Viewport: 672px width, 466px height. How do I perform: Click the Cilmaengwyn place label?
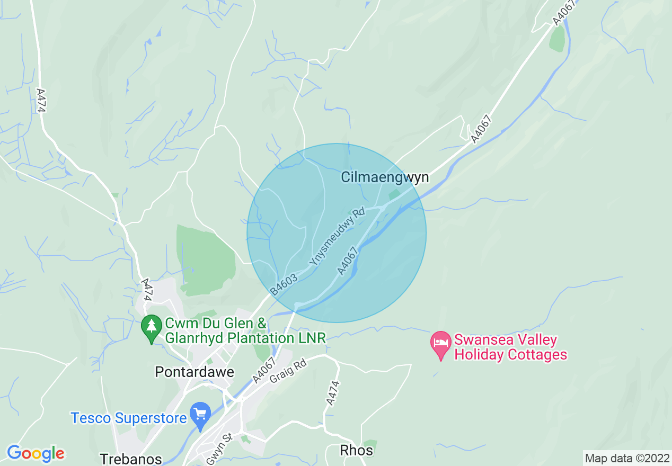pos(385,177)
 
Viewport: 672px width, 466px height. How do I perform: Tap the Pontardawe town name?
pos(194,372)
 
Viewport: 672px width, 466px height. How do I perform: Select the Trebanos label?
pos(130,459)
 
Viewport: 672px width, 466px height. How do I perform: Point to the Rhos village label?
pos(356,451)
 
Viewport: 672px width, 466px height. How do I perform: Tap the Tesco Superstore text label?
pos(129,418)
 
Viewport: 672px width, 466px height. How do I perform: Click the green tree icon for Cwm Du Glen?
pos(152,328)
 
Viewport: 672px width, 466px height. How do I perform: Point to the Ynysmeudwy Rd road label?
pos(338,237)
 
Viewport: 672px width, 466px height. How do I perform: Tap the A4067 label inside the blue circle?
pos(348,261)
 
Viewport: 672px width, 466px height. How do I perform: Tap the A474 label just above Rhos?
pos(332,394)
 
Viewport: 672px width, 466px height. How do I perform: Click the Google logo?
pos(36,453)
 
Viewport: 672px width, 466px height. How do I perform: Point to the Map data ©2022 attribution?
pos(627,458)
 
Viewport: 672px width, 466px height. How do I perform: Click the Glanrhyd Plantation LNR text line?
pos(245,338)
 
